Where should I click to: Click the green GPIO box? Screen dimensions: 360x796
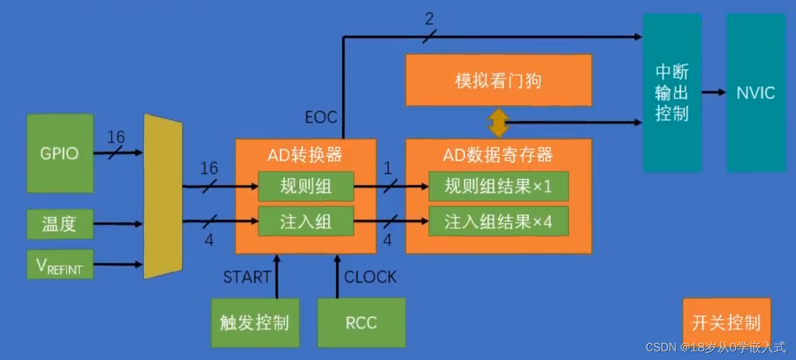pos(60,153)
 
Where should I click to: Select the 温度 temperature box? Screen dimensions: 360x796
pos(60,224)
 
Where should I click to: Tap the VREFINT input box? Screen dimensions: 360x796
pos(60,265)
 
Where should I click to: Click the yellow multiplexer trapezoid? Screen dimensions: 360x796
pos(163,196)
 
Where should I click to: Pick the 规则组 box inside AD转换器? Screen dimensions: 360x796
pos(306,186)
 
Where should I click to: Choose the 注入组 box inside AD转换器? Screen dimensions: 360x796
pos(306,222)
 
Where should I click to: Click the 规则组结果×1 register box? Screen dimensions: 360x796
pos(498,186)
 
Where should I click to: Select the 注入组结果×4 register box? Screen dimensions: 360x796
pos(498,222)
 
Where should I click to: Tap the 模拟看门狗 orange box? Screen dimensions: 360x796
pos(498,81)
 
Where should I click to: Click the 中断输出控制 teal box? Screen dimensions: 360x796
pos(672,93)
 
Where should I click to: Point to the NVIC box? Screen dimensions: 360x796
pos(755,93)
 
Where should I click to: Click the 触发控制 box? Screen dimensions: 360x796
pos(255,322)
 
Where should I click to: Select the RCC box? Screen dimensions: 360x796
pos(361,322)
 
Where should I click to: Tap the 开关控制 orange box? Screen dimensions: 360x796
pos(726,322)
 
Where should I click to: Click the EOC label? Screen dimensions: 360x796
pos(321,116)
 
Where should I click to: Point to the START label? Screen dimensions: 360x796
pos(247,278)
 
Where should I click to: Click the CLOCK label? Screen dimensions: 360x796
pos(371,278)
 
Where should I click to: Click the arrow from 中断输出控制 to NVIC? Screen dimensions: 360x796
pos(714,93)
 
